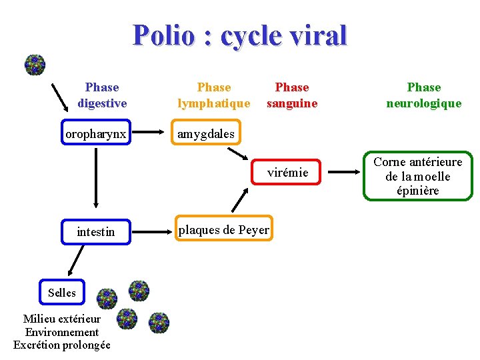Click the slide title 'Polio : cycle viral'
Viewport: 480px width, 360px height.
(x=240, y=35)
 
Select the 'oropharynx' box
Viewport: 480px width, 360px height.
(x=95, y=134)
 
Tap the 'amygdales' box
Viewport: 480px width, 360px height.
(x=205, y=134)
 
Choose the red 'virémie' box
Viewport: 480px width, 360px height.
(x=287, y=173)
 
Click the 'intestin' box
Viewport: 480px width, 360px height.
(x=95, y=232)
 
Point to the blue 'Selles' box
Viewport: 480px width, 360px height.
(x=62, y=293)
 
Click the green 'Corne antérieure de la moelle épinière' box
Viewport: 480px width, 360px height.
(x=417, y=177)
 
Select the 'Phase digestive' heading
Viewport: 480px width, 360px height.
(x=102, y=95)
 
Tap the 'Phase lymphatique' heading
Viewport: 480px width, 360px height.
(x=214, y=95)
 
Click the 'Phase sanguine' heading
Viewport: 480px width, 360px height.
(x=292, y=95)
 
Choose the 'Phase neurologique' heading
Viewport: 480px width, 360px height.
(x=424, y=95)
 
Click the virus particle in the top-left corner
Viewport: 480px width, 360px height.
(x=35, y=65)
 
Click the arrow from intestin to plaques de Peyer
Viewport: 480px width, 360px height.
(x=152, y=231)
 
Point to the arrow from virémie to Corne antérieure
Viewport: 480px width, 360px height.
(x=344, y=173)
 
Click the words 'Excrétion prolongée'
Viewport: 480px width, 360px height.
(x=62, y=345)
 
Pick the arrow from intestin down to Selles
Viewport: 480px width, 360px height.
(x=73, y=261)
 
